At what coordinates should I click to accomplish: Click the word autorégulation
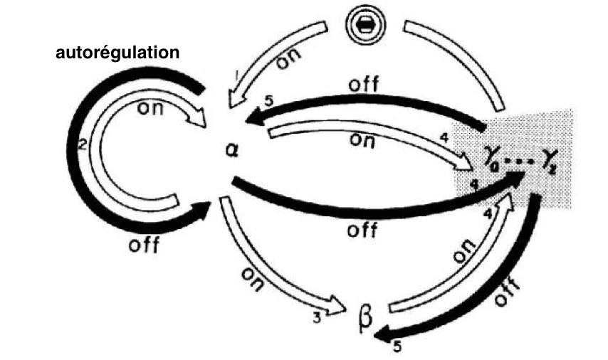tap(117, 53)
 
